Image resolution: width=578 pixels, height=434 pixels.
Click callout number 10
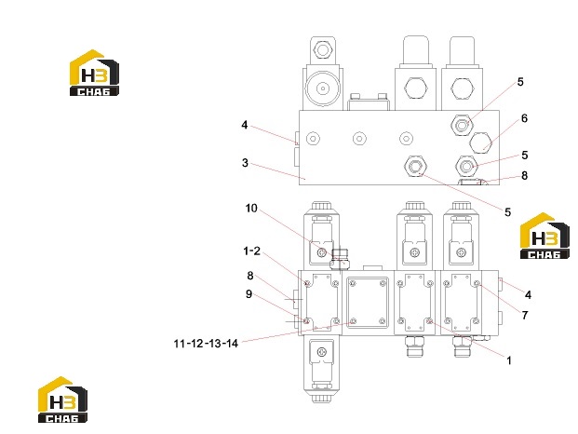pos(251,209)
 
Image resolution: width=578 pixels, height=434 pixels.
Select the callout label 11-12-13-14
pos(206,344)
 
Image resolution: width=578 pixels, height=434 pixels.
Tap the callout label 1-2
pos(251,251)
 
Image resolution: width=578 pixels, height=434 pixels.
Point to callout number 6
pos(524,118)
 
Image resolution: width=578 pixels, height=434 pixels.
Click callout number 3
pos(245,163)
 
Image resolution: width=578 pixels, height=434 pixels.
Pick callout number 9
pos(249,294)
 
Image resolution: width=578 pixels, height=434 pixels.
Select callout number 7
pos(525,316)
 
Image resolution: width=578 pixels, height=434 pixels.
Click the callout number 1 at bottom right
pos(509,360)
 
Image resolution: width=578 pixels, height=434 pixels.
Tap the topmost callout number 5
pos(520,82)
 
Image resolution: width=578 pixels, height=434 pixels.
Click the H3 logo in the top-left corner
pos(94,73)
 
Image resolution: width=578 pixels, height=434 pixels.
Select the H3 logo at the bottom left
pos(62,400)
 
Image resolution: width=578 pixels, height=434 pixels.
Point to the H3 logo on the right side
pos(544,236)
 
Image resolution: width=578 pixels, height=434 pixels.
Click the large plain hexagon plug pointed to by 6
pos(480,142)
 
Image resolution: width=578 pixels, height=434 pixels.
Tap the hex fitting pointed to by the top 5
pos(462,125)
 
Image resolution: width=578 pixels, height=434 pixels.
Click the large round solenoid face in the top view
pos(323,88)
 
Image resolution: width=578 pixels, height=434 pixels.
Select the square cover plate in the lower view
pos(368,303)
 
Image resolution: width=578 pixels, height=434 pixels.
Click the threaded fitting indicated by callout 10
pos(341,259)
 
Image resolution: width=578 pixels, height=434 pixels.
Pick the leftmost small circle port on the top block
pos(313,139)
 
